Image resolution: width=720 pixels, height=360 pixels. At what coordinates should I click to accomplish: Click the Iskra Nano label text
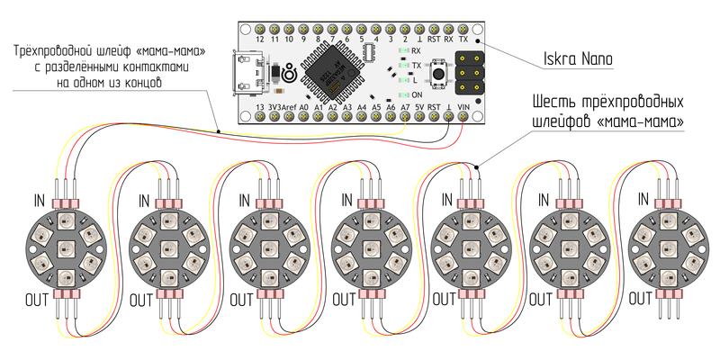[x=578, y=61]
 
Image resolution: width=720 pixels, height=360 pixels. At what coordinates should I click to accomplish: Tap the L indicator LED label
[x=415, y=80]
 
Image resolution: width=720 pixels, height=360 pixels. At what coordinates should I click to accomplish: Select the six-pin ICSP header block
[x=467, y=72]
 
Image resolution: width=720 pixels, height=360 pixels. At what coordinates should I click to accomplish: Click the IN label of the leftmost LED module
[x=40, y=199]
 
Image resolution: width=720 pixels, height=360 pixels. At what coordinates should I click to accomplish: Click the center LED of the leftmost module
[x=65, y=247]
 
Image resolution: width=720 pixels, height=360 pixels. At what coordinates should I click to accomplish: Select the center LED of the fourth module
[x=364, y=247]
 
